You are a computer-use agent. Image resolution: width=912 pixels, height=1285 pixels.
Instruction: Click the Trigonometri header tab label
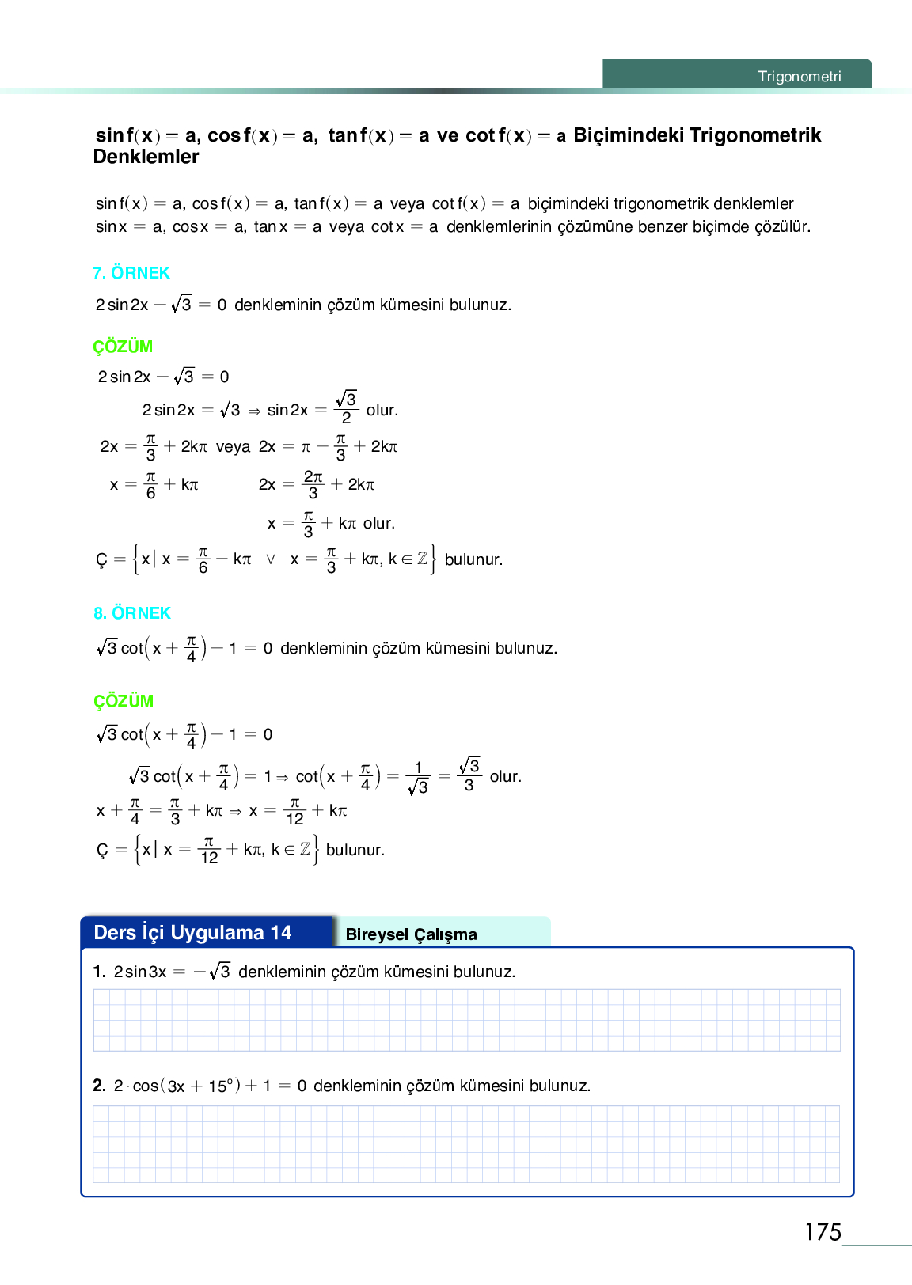(x=799, y=77)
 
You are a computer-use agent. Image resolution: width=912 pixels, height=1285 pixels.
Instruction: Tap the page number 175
(x=823, y=1232)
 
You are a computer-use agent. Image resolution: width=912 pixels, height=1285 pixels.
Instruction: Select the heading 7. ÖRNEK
(x=131, y=273)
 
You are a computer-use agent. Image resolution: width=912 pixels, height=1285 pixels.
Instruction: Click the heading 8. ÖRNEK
(x=132, y=613)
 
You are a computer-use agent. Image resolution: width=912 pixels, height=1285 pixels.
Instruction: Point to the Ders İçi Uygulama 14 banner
(x=193, y=933)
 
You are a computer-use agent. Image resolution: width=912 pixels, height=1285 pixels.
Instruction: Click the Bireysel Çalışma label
(x=411, y=934)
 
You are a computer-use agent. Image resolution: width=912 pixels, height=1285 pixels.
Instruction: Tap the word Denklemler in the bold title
(x=146, y=157)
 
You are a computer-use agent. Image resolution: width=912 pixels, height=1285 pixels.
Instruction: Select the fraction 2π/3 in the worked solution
(x=313, y=484)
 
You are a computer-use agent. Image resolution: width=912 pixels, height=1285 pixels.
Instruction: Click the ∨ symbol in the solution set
(x=271, y=559)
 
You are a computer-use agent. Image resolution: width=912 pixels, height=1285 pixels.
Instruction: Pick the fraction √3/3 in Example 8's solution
(x=469, y=775)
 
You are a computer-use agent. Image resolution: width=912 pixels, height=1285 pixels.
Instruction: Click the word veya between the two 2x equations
(x=233, y=447)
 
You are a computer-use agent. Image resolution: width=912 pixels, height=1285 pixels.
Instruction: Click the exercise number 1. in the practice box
(x=99, y=972)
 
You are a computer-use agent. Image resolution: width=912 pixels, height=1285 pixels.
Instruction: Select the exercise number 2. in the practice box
(x=99, y=1086)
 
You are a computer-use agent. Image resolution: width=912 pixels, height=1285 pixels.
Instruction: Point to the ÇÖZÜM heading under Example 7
(x=123, y=347)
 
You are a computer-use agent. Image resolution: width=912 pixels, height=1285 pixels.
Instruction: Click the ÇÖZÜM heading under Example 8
(x=123, y=701)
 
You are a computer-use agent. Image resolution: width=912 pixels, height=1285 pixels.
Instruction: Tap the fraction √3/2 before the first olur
(x=346, y=408)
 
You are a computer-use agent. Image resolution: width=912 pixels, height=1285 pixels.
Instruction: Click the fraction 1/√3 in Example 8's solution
(x=418, y=777)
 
